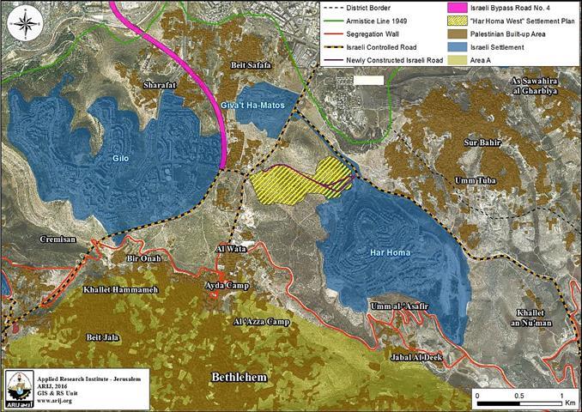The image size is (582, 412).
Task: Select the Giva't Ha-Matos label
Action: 266,105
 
